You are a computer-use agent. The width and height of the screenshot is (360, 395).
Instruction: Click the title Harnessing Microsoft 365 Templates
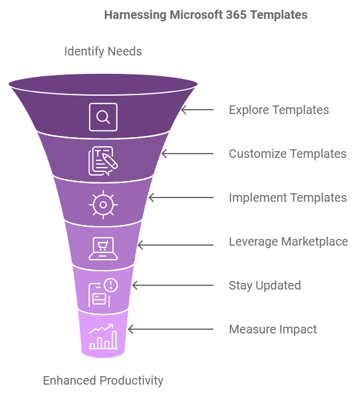pos(206,15)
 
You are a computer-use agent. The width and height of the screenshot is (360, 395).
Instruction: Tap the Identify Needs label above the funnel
pos(103,52)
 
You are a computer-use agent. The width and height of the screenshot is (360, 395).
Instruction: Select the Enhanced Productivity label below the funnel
pos(103,380)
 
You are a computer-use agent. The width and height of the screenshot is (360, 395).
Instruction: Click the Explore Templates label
pos(279,110)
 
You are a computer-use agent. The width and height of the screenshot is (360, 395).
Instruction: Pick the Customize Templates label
pos(287,154)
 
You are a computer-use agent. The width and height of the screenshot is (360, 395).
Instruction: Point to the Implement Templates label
pos(288,197)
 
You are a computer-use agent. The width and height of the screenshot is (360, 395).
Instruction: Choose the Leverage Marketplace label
pos(289,242)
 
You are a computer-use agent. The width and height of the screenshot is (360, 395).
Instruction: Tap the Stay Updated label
pos(265,286)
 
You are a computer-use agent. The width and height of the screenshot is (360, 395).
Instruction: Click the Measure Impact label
pos(273,330)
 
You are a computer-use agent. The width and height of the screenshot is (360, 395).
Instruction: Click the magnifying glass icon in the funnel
pos(103,117)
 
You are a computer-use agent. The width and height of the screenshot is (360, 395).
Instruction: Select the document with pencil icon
pos(103,161)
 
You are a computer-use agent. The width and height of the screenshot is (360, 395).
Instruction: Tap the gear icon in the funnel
pos(103,205)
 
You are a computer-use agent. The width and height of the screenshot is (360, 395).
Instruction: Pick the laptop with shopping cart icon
pos(103,249)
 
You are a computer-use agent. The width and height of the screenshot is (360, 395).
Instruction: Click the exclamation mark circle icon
pos(110,285)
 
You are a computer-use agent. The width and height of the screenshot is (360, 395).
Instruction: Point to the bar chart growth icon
pos(103,336)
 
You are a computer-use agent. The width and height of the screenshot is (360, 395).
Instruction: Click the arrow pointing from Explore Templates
pos(198,110)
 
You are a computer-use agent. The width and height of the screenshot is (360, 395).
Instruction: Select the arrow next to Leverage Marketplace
pos(176,245)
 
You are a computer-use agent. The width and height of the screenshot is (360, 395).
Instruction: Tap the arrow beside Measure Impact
pos(171,329)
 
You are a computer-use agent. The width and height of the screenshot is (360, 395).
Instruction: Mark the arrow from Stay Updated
pos(173,285)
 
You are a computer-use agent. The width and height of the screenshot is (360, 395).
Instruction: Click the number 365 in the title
pos(236,15)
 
